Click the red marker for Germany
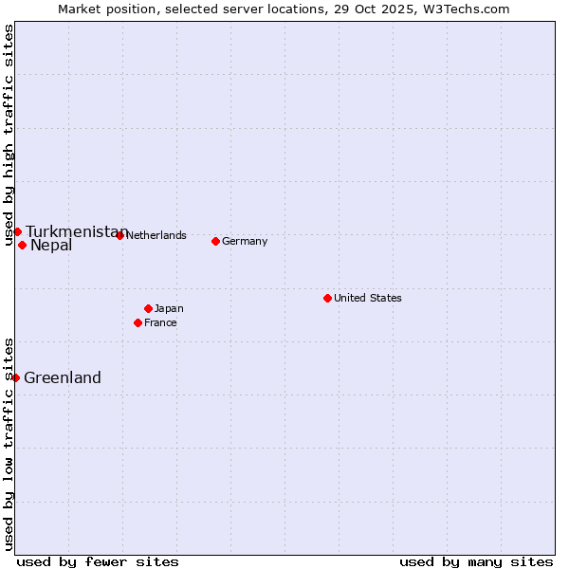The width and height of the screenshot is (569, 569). [215, 241]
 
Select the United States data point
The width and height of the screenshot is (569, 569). [327, 298]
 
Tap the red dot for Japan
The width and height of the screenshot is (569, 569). [148, 308]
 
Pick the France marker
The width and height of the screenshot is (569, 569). [138, 322]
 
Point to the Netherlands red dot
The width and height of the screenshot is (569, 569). [119, 235]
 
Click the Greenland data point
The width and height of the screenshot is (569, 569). [15, 377]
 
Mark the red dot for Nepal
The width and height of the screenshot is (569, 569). [22, 245]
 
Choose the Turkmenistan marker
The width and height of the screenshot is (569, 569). [17, 231]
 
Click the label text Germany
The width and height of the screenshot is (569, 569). [245, 241]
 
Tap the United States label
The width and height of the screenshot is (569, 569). [367, 298]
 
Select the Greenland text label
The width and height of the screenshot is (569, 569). [62, 377]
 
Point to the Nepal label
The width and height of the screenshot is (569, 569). [51, 246]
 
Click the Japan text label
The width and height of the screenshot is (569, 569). [169, 308]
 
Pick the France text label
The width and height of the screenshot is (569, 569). [160, 322]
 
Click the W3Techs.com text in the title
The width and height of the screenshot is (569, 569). [466, 9]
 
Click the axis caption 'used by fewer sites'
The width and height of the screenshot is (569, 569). [98, 561]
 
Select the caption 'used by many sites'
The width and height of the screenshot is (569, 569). [476, 561]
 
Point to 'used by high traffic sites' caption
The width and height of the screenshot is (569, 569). [9, 135]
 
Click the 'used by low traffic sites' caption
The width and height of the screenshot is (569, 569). [9, 444]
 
